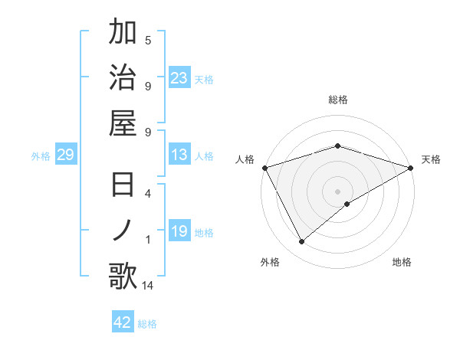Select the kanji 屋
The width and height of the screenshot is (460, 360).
[x=123, y=123]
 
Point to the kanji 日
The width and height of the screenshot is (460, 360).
[x=123, y=186]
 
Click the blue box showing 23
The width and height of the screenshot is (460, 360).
[x=179, y=77]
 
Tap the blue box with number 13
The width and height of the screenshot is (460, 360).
[x=179, y=155]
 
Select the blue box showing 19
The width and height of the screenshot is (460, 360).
[x=179, y=231]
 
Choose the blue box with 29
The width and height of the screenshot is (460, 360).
[x=65, y=155]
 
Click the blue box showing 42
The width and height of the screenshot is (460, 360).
[x=123, y=322]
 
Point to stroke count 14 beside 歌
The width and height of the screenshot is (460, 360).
[x=147, y=286]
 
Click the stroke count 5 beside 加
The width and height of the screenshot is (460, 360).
[x=148, y=40]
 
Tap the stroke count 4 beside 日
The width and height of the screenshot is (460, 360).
[x=148, y=194]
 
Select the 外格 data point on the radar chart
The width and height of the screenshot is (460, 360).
[x=302, y=241]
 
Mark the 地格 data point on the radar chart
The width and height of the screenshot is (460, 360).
[x=347, y=204]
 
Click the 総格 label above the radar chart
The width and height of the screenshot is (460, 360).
[x=338, y=100]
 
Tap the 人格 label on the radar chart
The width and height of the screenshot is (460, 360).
[x=245, y=159]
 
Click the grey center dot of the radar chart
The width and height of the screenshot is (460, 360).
[x=338, y=191]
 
